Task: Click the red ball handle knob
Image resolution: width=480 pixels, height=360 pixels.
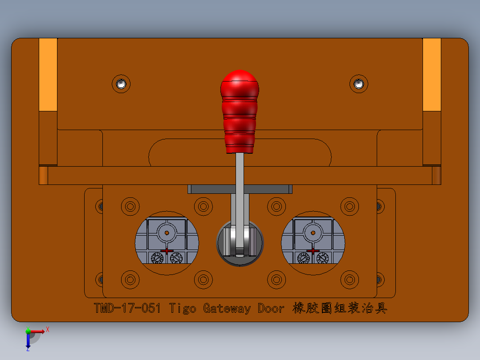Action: [240, 111]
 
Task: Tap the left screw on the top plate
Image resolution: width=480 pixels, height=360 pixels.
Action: [121, 83]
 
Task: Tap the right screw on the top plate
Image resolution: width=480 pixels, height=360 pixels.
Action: [359, 83]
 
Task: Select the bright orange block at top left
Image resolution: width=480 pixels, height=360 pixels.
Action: [48, 74]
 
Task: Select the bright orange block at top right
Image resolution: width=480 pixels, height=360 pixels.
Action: [431, 74]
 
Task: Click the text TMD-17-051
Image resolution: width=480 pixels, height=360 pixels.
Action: [127, 308]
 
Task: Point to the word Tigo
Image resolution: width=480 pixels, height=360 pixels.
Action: [183, 308]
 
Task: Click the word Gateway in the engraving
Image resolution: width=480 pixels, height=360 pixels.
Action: [227, 308]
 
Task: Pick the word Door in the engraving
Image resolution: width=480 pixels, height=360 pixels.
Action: [270, 308]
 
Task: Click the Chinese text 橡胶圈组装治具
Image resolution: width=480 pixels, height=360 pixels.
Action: [340, 308]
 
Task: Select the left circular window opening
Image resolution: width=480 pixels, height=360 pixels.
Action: [167, 243]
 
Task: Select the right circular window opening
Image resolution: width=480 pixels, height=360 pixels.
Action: [313, 243]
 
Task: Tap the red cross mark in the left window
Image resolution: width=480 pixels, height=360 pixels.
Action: [167, 251]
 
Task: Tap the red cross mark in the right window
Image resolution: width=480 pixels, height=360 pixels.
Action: [313, 251]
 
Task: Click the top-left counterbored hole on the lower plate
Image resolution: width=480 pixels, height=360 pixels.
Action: [130, 206]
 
